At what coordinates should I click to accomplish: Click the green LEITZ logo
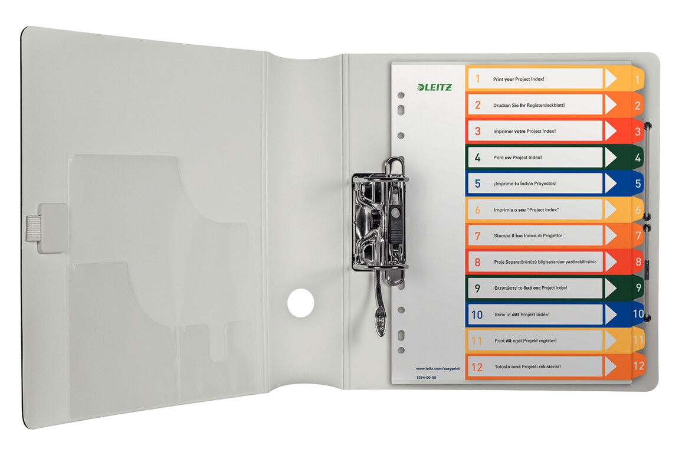point(434,87)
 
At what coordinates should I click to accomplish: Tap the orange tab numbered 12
point(638,366)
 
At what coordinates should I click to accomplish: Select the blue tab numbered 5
point(637,184)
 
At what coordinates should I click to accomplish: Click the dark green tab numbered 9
point(638,288)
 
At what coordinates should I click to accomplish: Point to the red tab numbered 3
point(637,132)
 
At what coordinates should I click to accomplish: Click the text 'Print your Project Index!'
point(519,78)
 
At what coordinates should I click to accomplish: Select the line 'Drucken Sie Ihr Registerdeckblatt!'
point(529,105)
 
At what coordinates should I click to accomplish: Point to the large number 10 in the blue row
point(477,315)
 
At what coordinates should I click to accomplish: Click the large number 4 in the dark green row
point(477,158)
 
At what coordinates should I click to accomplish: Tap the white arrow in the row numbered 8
point(611,262)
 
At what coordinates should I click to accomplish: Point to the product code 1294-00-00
point(425,377)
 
